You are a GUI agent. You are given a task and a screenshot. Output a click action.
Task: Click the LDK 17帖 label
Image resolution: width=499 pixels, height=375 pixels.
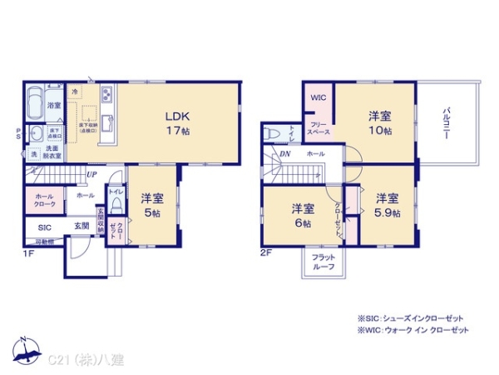coord(178,122)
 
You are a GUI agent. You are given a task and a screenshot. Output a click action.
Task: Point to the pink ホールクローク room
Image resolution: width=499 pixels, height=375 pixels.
coord(46,200)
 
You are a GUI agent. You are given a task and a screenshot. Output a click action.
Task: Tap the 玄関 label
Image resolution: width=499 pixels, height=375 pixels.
coord(82,226)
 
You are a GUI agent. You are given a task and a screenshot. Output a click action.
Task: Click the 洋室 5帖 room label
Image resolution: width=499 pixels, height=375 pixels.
coord(151,206)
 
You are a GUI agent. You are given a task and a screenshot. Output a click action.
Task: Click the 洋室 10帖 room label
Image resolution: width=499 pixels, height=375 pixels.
coord(381,124)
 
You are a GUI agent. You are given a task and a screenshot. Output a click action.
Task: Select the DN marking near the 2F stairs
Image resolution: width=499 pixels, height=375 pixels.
coord(284,154)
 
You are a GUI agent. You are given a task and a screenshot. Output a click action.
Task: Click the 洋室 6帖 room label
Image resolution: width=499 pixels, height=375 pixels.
coord(302,215)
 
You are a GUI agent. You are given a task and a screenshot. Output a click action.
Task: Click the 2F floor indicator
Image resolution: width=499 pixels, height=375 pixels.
coord(265,252)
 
